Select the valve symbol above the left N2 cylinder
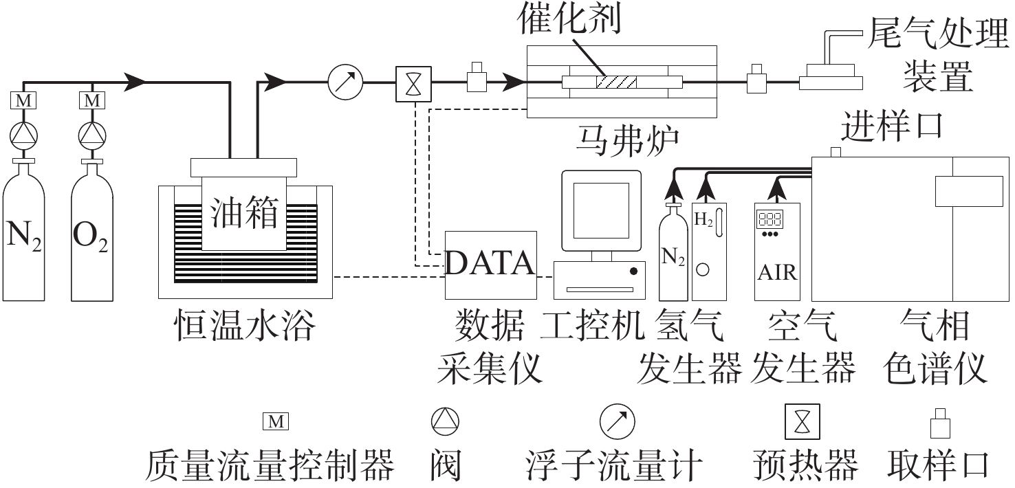[x=23, y=133]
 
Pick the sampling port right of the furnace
[x=756, y=80]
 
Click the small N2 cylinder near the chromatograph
[x=674, y=258]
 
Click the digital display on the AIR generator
[x=770, y=219]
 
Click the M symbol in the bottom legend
[x=276, y=421]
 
